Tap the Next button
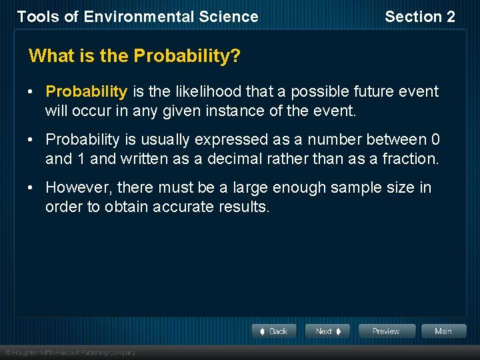(x=328, y=331)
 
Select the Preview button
(x=387, y=331)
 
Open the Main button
(x=443, y=331)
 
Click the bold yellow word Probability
(x=86, y=91)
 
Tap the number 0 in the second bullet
(x=435, y=140)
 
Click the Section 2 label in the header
(x=420, y=17)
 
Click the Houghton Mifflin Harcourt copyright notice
(x=70, y=353)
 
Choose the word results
(x=243, y=207)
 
